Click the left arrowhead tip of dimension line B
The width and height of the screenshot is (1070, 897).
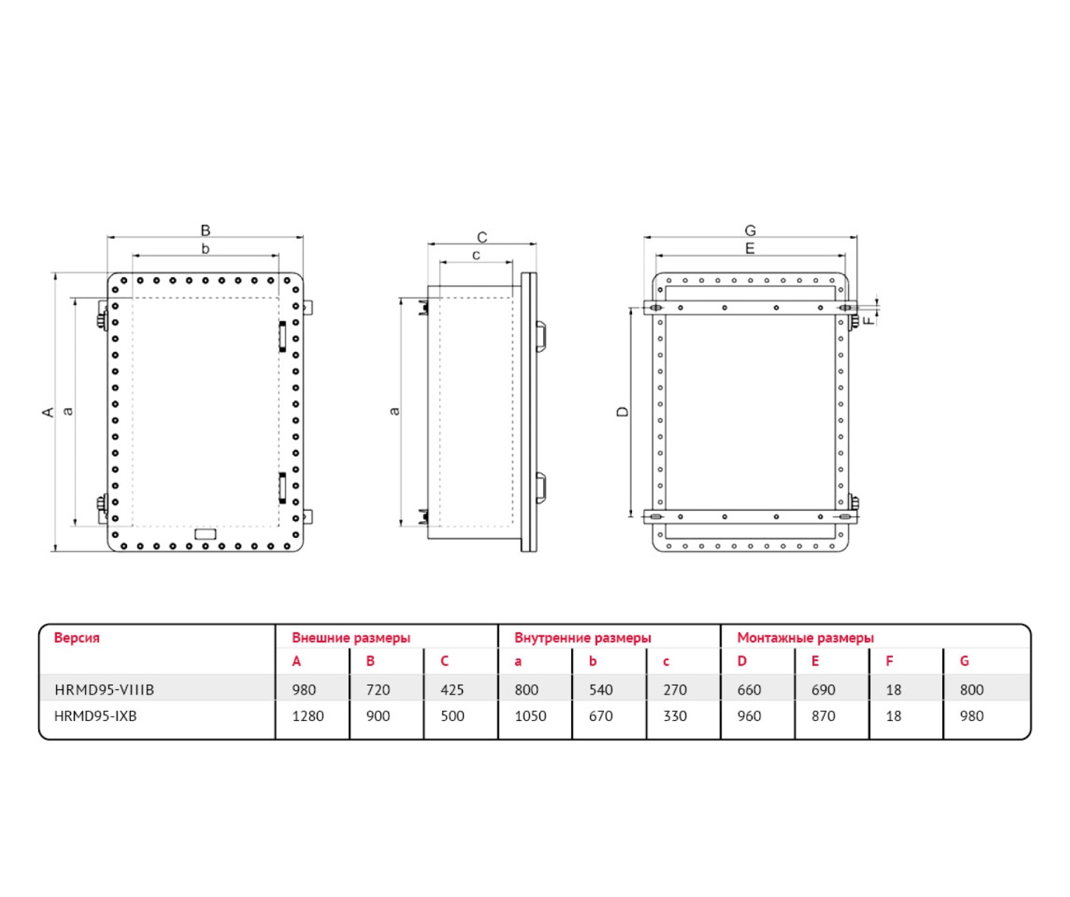point(108,237)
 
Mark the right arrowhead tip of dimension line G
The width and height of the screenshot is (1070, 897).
point(857,237)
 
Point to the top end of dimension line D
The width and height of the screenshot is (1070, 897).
point(631,308)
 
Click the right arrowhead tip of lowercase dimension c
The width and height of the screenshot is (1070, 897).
point(512,262)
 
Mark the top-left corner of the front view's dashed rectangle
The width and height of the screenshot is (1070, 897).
point(133,298)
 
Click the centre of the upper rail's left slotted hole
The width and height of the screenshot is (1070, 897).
point(656,308)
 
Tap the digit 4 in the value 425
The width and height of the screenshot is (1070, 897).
point(445,690)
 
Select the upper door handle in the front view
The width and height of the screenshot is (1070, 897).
point(282,336)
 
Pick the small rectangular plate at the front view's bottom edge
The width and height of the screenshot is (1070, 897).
point(205,534)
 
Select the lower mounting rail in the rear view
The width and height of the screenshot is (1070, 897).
point(750,516)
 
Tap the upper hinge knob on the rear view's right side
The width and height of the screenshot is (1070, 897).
point(853,319)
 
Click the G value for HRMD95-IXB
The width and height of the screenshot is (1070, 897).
point(972,716)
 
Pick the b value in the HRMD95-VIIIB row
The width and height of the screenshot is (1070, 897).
point(601,690)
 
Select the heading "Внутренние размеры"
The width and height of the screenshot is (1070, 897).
point(582,638)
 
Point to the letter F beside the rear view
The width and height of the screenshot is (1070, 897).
point(869,320)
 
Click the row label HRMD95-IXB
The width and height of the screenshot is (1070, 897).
point(96,716)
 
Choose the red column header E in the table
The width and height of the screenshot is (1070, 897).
point(815,662)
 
